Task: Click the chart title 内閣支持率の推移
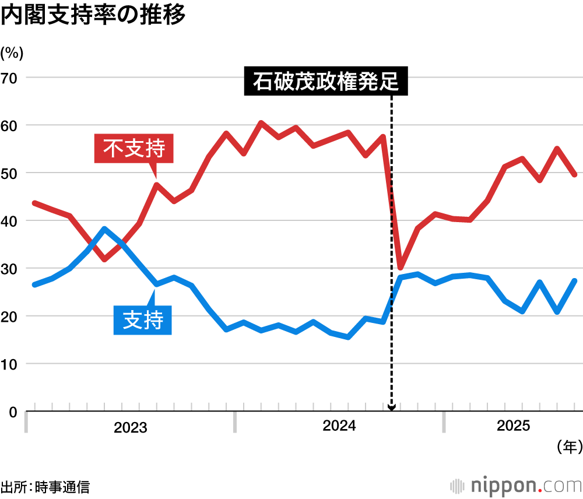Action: (93, 16)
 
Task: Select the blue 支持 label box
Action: (143, 319)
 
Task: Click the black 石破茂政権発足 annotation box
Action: (325, 82)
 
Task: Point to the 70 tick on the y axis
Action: (11, 78)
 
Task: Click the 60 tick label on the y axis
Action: (11, 126)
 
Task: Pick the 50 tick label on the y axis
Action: (11, 174)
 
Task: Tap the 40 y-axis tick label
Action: (11, 222)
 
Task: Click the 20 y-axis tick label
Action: (11, 317)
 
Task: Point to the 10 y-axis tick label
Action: (11, 364)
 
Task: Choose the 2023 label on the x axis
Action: (131, 428)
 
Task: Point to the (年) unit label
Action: (568, 447)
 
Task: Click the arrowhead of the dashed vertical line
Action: (391, 407)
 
